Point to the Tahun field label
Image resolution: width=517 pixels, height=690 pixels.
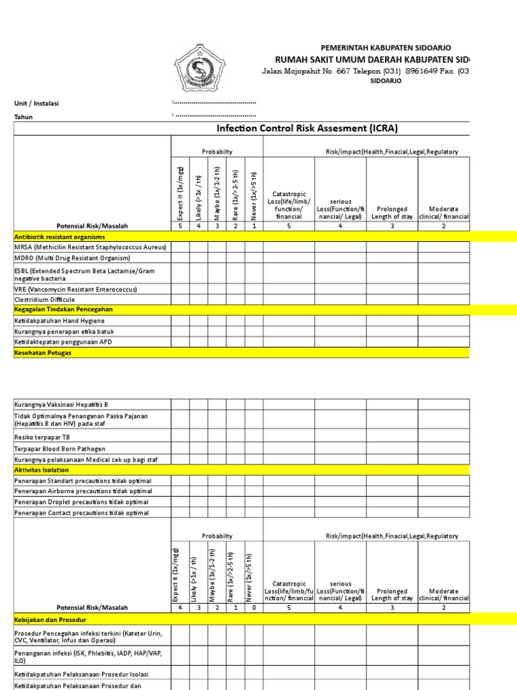(x=24, y=117)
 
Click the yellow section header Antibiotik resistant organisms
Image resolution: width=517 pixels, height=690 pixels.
(x=60, y=237)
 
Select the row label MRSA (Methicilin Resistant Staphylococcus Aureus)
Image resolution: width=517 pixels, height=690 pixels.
(x=90, y=247)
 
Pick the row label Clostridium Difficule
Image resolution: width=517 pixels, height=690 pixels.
(x=44, y=299)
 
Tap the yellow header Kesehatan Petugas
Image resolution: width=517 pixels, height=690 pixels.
(x=42, y=352)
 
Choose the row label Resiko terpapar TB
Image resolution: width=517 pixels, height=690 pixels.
(x=44, y=437)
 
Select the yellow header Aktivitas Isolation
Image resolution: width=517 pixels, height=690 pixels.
(x=42, y=470)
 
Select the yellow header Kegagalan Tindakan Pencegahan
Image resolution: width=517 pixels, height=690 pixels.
(x=63, y=309)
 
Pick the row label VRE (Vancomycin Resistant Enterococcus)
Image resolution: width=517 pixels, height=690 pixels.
(x=79, y=289)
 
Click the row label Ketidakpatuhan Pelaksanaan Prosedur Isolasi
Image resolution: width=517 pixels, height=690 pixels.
(x=81, y=674)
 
